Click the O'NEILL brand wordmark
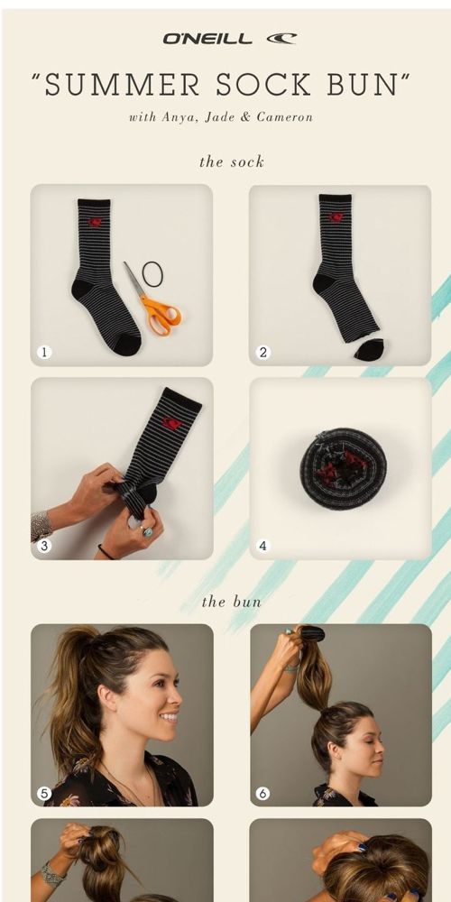(207, 39)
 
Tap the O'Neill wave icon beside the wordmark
(281, 39)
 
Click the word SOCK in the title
(264, 85)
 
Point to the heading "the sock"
(232, 161)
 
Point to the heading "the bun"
(232, 602)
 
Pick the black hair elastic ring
(152, 274)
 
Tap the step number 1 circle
(44, 352)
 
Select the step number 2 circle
(262, 352)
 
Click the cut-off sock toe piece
(369, 349)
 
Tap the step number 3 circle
(44, 546)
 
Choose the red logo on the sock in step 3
(171, 423)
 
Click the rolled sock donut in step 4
(343, 469)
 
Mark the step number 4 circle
(262, 546)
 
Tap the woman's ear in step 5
(108, 700)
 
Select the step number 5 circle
(44, 794)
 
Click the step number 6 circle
(262, 794)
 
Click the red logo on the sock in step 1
(95, 222)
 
